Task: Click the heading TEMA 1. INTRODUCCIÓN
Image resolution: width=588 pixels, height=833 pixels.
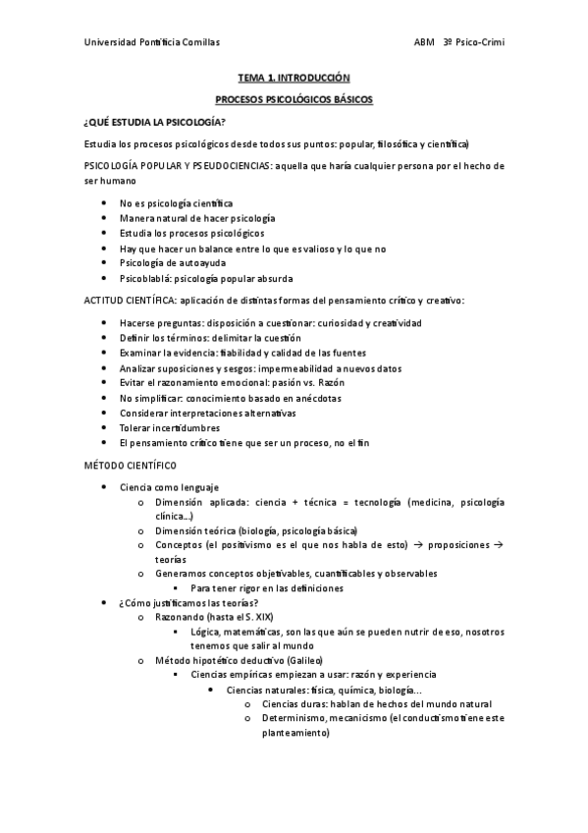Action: tap(294, 76)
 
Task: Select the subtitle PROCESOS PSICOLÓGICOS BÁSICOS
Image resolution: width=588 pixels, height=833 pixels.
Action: tap(294, 99)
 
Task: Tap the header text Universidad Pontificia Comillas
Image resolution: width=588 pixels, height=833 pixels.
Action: tap(152, 42)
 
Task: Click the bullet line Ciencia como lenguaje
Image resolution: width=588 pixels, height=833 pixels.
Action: tap(169, 486)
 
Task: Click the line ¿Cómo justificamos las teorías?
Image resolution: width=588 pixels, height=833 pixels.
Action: tap(188, 602)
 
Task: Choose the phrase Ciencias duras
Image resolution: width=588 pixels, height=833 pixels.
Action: tap(292, 703)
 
